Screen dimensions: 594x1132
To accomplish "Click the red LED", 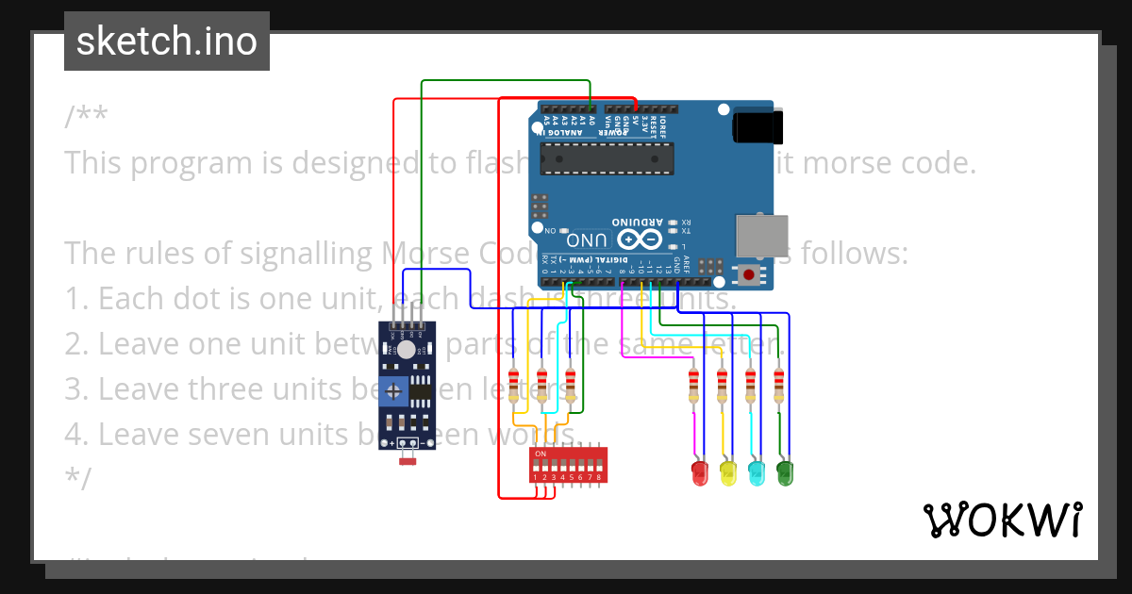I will (699, 472).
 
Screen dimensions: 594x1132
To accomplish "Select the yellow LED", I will (727, 472).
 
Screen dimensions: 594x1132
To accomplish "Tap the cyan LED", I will (756, 472).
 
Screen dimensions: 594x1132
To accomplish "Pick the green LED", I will (784, 472).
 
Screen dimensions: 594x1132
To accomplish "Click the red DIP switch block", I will (567, 465).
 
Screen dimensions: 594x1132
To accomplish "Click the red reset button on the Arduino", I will (749, 275).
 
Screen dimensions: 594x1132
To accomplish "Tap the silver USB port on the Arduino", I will (759, 235).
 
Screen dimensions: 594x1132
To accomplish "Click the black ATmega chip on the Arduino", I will (608, 161).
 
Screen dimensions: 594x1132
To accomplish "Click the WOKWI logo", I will (1002, 520).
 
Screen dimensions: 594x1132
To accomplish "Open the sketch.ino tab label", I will (167, 41).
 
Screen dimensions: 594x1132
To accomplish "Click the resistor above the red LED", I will (693, 384).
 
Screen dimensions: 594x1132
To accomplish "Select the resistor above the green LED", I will (778, 384).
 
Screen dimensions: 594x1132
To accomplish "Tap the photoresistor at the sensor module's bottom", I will (408, 459).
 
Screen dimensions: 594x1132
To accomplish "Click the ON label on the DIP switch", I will (540, 454).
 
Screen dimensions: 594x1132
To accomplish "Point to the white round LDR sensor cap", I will (406, 350).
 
